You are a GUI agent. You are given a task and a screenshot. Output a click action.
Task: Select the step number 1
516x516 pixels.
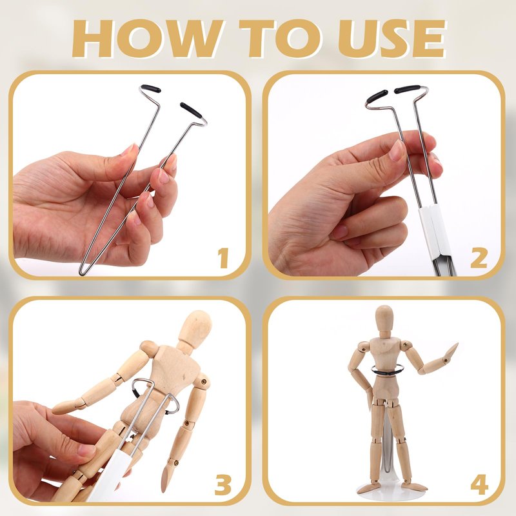223,259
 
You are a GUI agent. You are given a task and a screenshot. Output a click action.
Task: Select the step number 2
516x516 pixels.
479,259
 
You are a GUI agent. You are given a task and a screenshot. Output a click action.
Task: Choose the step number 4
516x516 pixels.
479,485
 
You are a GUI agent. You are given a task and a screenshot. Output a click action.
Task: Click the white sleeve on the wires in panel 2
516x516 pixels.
433,232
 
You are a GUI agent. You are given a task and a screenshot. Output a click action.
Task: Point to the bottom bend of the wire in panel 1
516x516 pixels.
83,272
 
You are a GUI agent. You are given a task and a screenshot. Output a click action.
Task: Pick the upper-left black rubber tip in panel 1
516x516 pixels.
151,88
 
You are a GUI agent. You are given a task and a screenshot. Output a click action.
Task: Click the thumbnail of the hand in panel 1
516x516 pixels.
129,150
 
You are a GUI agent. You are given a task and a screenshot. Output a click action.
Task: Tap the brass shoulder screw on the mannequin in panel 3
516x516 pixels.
204,382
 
